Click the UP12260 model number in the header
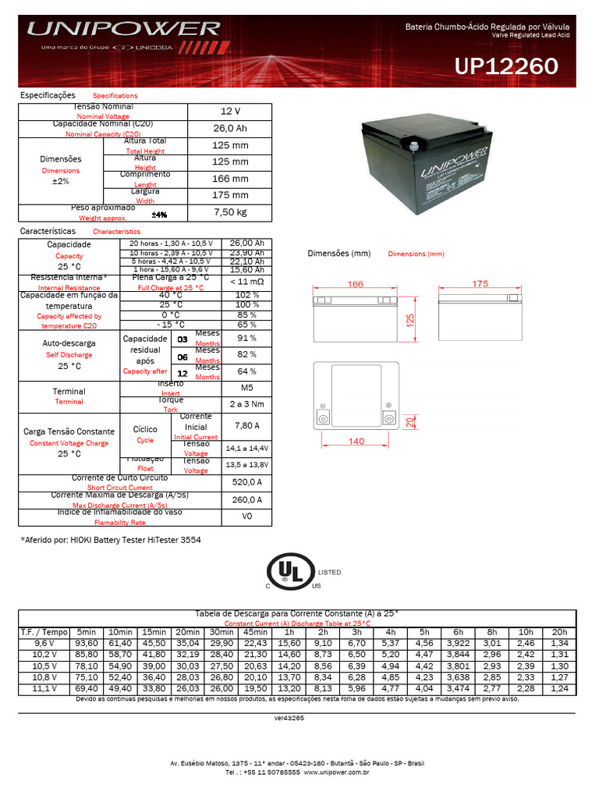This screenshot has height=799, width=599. pyautogui.click(x=506, y=67)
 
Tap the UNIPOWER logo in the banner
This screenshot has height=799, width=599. pyautogui.click(x=124, y=30)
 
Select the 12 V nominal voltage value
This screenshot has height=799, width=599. pyautogui.click(x=230, y=112)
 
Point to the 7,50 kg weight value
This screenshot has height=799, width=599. pyautogui.click(x=230, y=212)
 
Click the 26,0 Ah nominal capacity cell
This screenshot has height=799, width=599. pyautogui.click(x=230, y=129)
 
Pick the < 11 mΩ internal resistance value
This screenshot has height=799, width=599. pyautogui.click(x=246, y=281)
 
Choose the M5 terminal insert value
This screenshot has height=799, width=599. pyautogui.click(x=246, y=388)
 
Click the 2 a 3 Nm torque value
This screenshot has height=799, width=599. pyautogui.click(x=246, y=404)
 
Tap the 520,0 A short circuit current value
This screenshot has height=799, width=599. pyautogui.click(x=246, y=482)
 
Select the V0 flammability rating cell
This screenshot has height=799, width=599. pyautogui.click(x=246, y=517)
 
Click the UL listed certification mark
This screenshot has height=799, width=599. pyautogui.click(x=291, y=573)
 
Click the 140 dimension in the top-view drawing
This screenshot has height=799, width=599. pyautogui.click(x=356, y=442)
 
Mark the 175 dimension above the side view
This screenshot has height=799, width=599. pyautogui.click(x=480, y=284)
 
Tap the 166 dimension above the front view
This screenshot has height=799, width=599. pyautogui.click(x=356, y=284)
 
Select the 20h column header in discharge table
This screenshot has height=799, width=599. pyautogui.click(x=558, y=631)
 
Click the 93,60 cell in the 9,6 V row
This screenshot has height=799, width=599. pyautogui.click(x=87, y=642)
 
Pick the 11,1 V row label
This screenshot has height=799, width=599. pyautogui.click(x=35, y=689)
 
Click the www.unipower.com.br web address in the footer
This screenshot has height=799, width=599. pyautogui.click(x=335, y=772)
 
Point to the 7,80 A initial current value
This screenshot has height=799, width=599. pyautogui.click(x=246, y=425)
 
